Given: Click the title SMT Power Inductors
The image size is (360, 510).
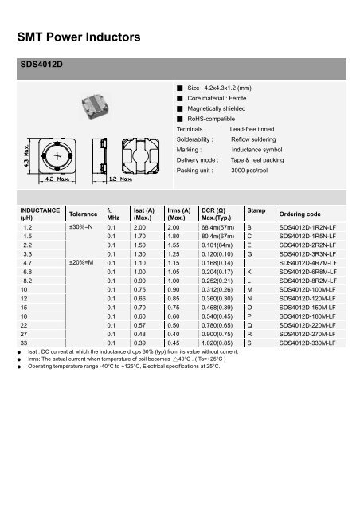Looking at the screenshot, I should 78,37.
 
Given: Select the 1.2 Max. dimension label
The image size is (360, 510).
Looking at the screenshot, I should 120,182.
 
